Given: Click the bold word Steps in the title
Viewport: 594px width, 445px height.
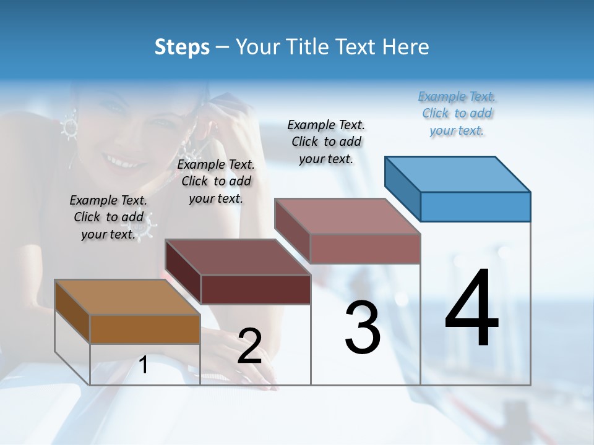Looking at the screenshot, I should (182, 47).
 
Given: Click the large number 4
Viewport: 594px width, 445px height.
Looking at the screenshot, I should (471, 308).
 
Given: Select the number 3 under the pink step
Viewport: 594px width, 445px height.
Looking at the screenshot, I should (363, 328).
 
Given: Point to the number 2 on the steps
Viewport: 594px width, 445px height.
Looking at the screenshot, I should (249, 346).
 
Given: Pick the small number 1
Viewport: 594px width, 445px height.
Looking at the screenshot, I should (144, 365).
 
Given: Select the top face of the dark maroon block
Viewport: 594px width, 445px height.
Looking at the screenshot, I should (238, 256).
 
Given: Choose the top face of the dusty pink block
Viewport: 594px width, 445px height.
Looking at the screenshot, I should (348, 216).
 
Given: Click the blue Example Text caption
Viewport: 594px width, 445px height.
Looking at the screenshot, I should (457, 113).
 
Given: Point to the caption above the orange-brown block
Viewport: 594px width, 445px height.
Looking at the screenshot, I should (108, 217).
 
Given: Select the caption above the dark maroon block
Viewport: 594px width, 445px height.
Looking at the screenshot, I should (216, 181).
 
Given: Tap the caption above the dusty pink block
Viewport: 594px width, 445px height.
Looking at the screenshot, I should (327, 142).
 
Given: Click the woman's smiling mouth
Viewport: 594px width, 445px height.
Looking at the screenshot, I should (118, 162).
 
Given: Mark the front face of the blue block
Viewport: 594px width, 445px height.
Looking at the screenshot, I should (475, 206).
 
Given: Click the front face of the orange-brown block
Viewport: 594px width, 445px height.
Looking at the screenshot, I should (145, 329).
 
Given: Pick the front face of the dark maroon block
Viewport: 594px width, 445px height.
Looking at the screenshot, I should (256, 289).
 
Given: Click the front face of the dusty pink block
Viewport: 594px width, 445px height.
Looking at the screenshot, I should (365, 248).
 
